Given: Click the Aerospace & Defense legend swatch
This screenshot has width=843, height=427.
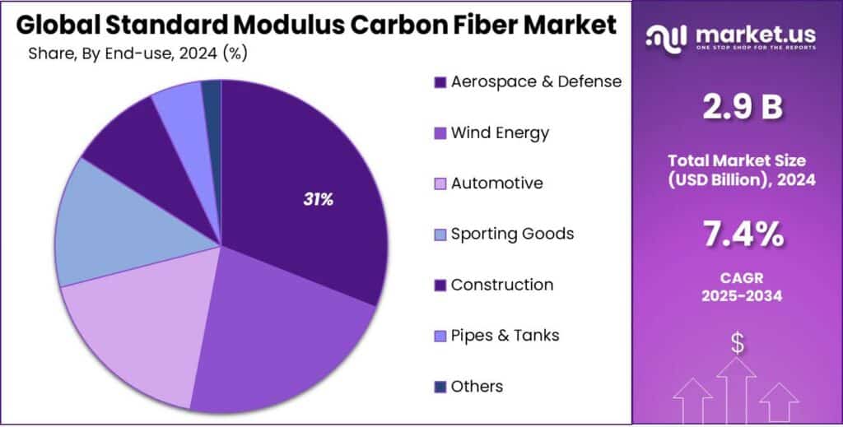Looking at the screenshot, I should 440,82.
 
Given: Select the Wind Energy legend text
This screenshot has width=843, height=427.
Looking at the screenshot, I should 500,132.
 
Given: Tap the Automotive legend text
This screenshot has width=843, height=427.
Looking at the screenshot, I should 496,183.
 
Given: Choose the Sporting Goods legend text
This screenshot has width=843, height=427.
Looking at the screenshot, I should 512,234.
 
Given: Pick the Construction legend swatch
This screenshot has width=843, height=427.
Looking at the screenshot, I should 440,285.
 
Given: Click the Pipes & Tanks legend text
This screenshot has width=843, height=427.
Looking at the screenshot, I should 505,335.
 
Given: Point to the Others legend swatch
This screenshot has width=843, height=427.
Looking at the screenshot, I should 440,387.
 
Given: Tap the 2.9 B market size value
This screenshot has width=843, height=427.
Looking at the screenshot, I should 737,108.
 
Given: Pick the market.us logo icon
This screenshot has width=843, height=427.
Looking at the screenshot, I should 664,35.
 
